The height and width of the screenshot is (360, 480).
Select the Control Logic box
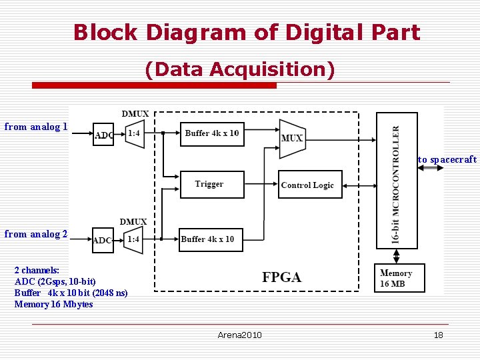(x=309, y=185)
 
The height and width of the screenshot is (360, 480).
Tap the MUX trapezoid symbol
(x=291, y=139)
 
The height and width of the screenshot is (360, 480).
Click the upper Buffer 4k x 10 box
(x=212, y=133)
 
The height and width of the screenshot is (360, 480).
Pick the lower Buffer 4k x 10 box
(x=211, y=239)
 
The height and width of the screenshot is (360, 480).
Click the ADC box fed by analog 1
(x=103, y=135)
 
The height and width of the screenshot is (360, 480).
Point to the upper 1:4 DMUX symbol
(x=134, y=133)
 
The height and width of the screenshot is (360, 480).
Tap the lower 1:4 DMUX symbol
(x=134, y=239)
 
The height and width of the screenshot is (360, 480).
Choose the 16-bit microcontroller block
(x=397, y=180)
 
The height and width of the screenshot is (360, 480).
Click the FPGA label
(x=281, y=277)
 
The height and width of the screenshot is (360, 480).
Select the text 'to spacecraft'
(x=447, y=159)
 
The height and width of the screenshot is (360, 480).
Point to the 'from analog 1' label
(x=36, y=127)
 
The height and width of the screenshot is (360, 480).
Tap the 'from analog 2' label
(x=36, y=234)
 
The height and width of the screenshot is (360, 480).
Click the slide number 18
(x=438, y=335)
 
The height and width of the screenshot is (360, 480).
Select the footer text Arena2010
(x=239, y=335)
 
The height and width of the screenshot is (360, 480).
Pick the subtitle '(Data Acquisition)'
(x=239, y=69)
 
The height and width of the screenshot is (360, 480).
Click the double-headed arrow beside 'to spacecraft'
(x=431, y=168)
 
